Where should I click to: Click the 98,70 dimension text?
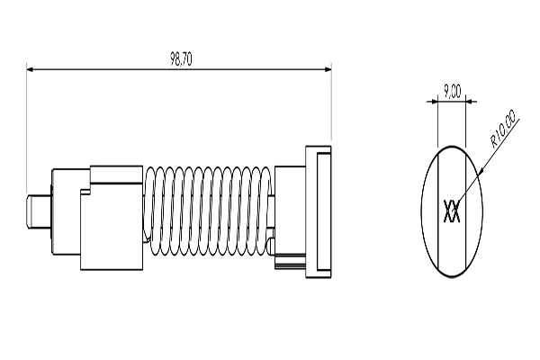point(181,58)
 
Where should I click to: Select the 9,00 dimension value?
point(452,91)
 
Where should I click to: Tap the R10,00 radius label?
point(502,129)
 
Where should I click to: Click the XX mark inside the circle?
point(453,212)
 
